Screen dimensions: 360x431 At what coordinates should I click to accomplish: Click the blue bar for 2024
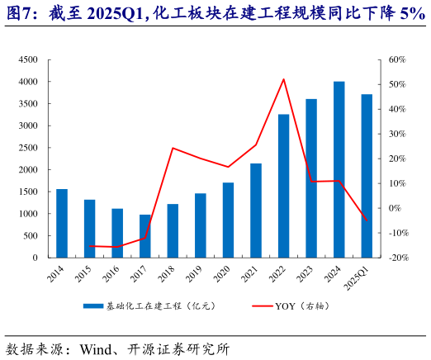coord(339,169)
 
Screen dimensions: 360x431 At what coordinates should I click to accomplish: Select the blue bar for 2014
coord(62,223)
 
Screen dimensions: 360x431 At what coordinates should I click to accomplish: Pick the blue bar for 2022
coord(283,186)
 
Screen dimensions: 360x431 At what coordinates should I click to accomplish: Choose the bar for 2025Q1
coord(367,176)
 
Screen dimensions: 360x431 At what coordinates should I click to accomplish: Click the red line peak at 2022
coord(283,79)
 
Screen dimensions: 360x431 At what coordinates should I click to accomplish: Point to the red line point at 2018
coord(173,148)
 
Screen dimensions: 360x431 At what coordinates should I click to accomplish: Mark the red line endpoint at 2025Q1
coord(367,220)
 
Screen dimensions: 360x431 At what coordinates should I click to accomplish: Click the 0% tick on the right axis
coord(395,208)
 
